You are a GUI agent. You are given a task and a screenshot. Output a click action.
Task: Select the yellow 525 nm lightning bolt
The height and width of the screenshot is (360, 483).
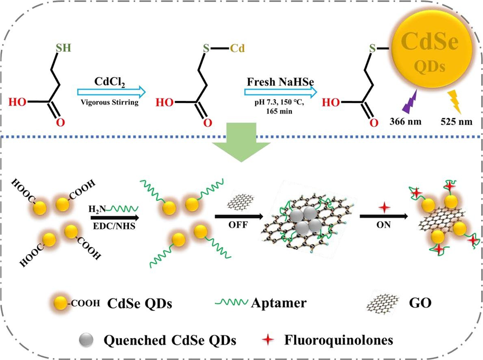click(455, 102)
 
